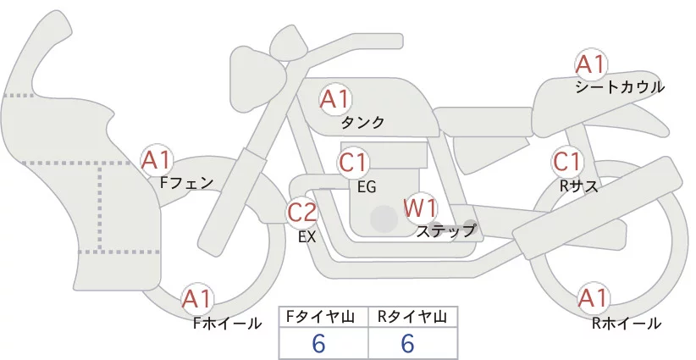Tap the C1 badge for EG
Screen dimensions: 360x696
click(353, 162)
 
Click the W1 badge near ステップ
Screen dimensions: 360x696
click(418, 207)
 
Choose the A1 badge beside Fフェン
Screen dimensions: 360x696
click(157, 159)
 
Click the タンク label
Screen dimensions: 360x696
click(363, 123)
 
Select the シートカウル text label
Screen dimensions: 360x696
click(619, 87)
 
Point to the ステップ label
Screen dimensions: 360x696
click(446, 230)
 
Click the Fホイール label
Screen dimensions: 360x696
click(227, 324)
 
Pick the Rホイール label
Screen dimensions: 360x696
click(627, 324)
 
